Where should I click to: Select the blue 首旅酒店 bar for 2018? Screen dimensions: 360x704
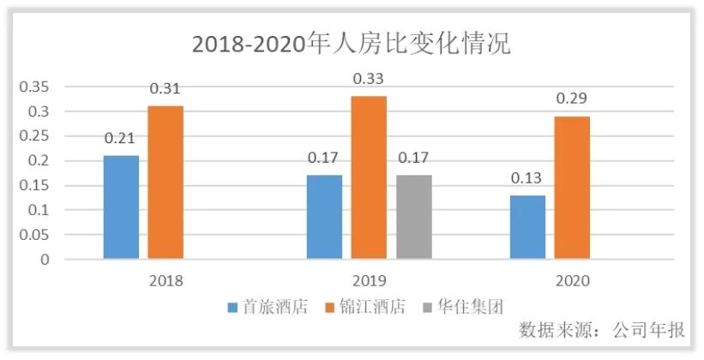[121, 207]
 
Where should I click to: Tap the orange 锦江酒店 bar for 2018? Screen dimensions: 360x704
[165, 182]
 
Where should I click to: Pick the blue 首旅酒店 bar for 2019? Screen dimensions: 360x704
[324, 216]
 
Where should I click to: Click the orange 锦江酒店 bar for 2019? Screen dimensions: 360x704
[369, 177]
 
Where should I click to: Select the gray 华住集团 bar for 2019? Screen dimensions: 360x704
[414, 216]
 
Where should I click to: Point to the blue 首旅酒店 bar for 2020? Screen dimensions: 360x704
[527, 226]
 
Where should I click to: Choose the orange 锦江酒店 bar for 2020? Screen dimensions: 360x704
[572, 187]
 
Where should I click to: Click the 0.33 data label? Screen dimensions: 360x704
[369, 79]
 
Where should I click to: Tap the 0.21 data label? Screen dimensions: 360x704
[121, 138]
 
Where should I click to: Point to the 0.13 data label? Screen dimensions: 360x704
[527, 178]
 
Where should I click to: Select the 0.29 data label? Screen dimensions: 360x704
[572, 99]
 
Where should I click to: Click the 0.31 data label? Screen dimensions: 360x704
[165, 89]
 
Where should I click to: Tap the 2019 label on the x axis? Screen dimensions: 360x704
[369, 280]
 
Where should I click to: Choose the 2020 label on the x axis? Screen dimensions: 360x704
[572, 280]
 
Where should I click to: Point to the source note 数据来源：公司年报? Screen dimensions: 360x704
[602, 331]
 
